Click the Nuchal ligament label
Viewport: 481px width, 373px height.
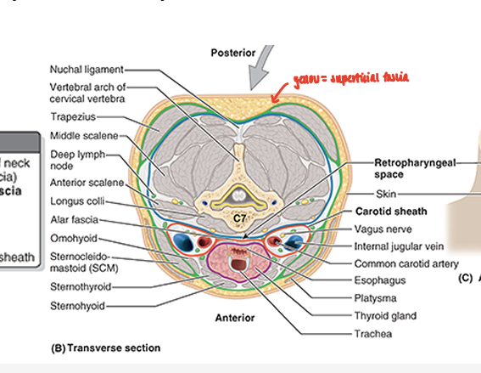[x=87, y=69]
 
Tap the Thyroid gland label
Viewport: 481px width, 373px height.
[x=385, y=316]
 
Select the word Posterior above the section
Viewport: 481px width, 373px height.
[x=232, y=53]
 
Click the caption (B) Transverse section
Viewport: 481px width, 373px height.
[x=106, y=348]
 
